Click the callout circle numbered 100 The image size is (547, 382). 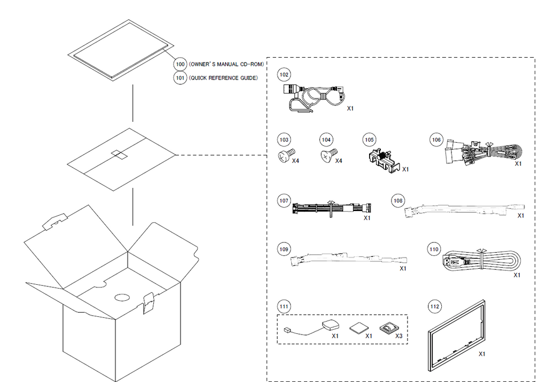point(181,64)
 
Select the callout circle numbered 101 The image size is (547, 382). point(181,78)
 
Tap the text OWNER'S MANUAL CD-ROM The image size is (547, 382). point(226,64)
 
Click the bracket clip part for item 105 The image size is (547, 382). point(383,159)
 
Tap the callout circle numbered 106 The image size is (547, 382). point(436,139)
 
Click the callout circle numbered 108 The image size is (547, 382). point(397,200)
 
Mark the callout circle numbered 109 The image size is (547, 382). point(284,250)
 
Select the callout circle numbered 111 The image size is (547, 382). point(284,306)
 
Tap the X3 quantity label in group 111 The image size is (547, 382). point(398,336)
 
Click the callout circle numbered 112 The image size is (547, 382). point(435,306)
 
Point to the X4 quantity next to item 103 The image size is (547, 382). point(295,161)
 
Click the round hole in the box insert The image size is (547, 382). point(123,298)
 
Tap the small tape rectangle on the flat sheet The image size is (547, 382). point(118,154)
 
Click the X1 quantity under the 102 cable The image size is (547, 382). point(350,108)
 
